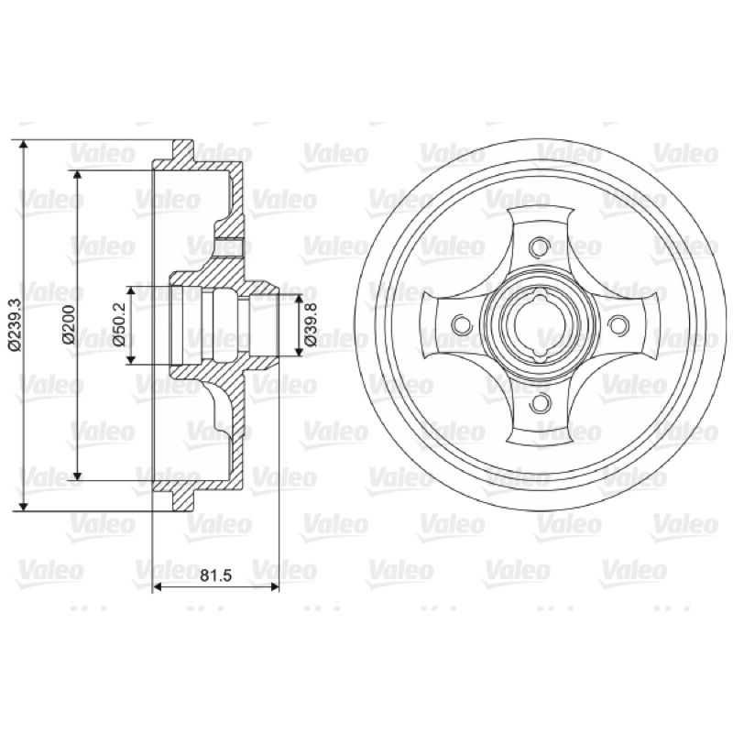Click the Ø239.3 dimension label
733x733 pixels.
point(15,324)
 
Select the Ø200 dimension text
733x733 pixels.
point(69,324)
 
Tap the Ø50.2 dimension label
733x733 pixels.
point(120,324)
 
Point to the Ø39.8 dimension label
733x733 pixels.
point(311,324)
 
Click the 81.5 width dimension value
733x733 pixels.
point(216,575)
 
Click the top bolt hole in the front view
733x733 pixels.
point(540,246)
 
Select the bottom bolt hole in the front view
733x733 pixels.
point(540,402)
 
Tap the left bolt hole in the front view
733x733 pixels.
point(461,324)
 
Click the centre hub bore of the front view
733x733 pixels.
point(540,324)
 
